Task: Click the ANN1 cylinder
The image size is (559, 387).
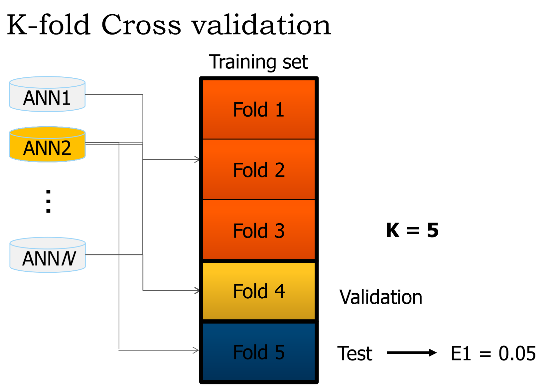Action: [47, 95]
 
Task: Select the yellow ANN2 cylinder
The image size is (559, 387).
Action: [47, 145]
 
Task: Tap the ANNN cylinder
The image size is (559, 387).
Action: [48, 255]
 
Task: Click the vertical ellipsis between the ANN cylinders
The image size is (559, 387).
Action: [48, 201]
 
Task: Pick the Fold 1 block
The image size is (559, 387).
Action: [259, 109]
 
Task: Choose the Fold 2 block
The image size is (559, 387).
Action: [259, 170]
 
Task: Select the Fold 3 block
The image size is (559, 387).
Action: [259, 230]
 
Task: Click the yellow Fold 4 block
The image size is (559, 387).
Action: [259, 291]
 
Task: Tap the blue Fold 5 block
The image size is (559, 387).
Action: [259, 352]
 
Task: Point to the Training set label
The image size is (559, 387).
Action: [258, 62]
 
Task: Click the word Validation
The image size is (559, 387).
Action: [381, 297]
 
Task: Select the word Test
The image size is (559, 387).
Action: [355, 353]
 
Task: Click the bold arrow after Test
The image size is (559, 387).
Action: [412, 352]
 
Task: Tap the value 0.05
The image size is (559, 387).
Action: [517, 353]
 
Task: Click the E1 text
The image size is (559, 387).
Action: [461, 353]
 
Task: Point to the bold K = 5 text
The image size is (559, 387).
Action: [412, 230]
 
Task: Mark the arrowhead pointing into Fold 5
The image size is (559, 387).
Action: [196, 350]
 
